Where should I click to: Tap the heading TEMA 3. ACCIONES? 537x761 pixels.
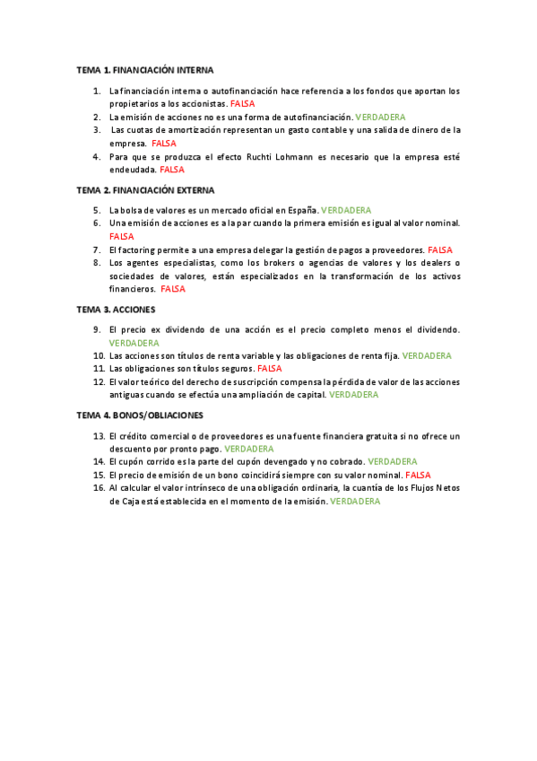[116, 310]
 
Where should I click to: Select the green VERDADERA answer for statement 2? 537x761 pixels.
[380, 117]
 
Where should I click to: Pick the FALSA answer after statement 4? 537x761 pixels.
[172, 169]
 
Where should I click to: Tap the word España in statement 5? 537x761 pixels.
[299, 210]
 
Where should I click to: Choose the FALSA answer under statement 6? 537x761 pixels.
[121, 236]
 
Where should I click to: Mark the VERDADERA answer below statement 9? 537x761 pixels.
[134, 343]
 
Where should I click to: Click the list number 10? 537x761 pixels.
[100, 355]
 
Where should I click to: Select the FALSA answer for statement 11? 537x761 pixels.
[269, 368]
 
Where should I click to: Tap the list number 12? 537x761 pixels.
[100, 381]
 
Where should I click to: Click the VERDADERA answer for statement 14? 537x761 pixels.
[392, 461]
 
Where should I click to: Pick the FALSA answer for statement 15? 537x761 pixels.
[418, 475]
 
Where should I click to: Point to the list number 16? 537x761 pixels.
[100, 487]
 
